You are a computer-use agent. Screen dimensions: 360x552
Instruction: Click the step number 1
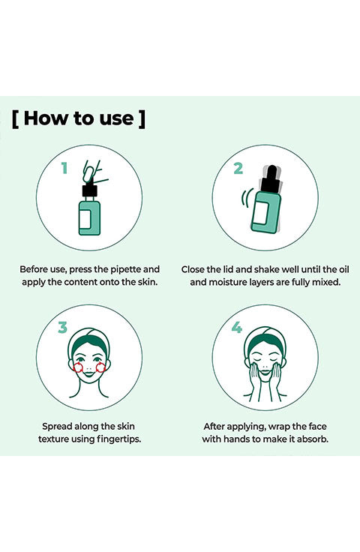64,168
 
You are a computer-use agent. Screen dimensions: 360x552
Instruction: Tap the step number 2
238,168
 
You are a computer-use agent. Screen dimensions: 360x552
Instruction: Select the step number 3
63,328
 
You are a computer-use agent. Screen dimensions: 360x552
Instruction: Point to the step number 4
237,328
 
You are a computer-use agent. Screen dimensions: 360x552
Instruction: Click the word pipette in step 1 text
126,270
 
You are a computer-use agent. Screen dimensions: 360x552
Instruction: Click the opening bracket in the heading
15,119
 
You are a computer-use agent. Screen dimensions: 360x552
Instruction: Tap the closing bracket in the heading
142,119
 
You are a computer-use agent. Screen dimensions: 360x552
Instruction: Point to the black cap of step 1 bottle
89,190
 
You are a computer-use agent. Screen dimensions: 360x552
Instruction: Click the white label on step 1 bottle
85,218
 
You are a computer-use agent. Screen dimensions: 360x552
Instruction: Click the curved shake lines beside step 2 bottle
247,199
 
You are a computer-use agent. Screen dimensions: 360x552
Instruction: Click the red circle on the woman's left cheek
100,367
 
